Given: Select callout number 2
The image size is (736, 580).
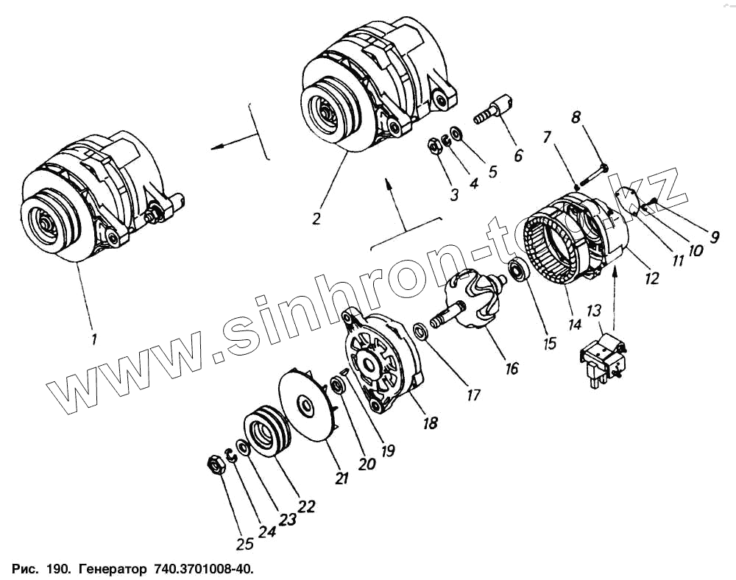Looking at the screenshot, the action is pyautogui.click(x=316, y=219).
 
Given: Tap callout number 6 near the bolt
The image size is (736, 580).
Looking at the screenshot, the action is pyautogui.click(x=519, y=155).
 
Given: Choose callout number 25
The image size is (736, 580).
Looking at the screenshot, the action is pyautogui.click(x=244, y=544).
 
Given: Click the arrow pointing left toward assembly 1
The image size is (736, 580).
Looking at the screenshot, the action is pyautogui.click(x=221, y=145).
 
